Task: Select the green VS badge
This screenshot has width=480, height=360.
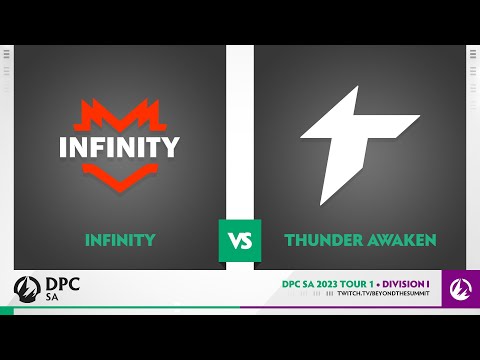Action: coord(240,240)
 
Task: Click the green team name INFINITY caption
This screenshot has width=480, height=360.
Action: coord(120,240)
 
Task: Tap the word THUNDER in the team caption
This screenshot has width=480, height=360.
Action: coord(322,240)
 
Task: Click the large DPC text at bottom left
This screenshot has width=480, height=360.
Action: coord(64,284)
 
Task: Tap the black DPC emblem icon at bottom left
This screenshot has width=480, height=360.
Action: coord(25,289)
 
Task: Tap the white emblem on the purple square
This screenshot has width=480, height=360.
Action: coord(460,289)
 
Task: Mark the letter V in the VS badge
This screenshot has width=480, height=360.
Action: coord(234,241)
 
